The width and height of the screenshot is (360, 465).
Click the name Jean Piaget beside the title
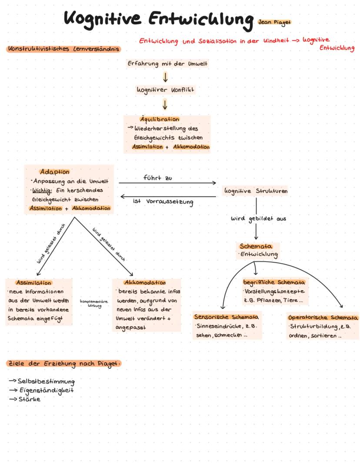pyautogui.click(x=274, y=22)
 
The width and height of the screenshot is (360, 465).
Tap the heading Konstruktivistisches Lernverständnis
pyautogui.click(x=63, y=49)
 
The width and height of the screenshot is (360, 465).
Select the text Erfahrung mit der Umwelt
pyautogui.click(x=167, y=64)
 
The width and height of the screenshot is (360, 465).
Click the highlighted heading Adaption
pyautogui.click(x=54, y=172)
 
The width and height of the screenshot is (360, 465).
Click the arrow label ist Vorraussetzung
pyautogui.click(x=163, y=202)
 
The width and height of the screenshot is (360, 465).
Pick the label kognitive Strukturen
pyautogui.click(x=256, y=191)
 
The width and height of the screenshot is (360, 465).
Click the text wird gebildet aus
pyautogui.click(x=258, y=219)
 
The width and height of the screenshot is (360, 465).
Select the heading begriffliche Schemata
pyautogui.click(x=274, y=282)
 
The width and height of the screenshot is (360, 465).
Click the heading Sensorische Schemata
pyautogui.click(x=226, y=317)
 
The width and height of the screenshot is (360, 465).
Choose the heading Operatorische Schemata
pyautogui.click(x=323, y=318)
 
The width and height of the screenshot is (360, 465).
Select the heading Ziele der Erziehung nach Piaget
pyautogui.click(x=63, y=363)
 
